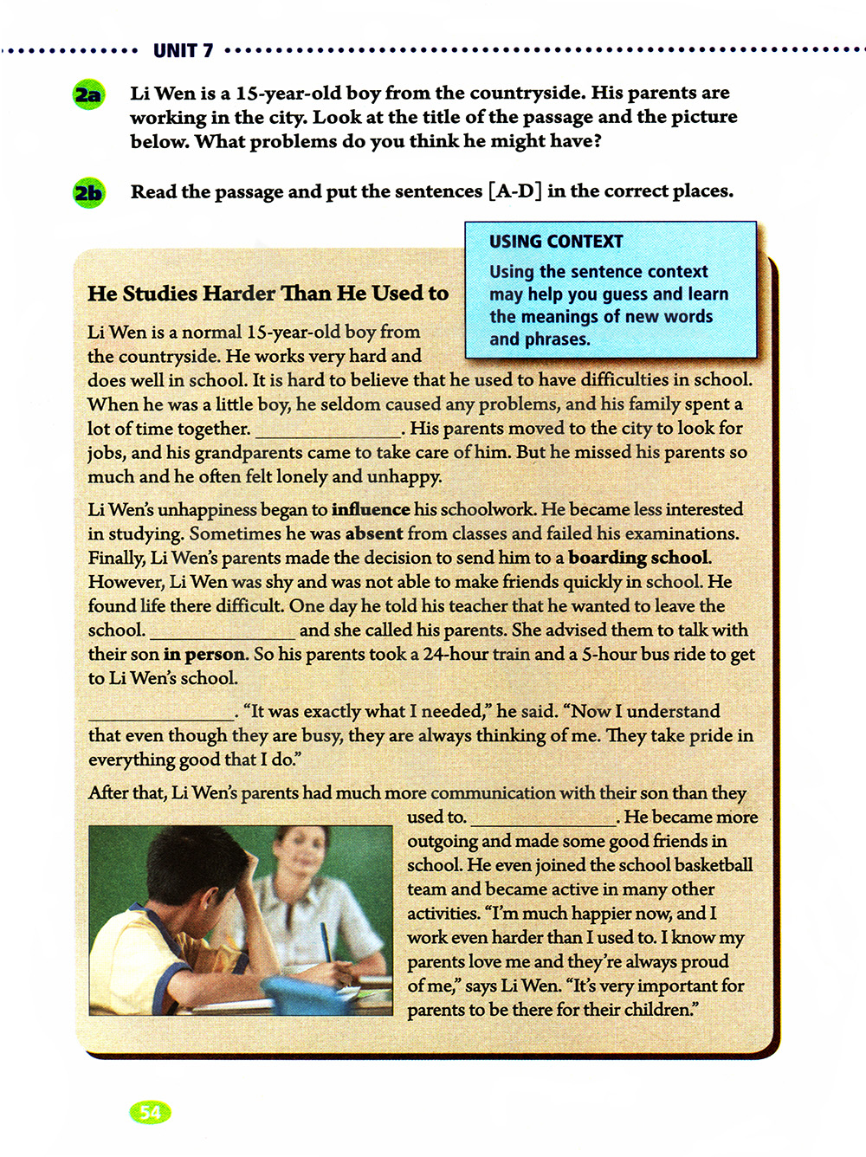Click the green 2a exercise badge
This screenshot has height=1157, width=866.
pos(88,94)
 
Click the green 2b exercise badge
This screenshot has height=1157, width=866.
pos(88,192)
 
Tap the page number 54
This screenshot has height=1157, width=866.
pos(150,1112)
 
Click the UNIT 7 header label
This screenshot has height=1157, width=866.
pos(183,51)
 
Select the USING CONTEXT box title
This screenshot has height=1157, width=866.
pos(556,242)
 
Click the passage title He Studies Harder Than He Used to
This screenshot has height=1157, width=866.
pos(268,294)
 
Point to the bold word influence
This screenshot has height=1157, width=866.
pos(371,509)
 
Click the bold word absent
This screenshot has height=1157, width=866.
pos(374,533)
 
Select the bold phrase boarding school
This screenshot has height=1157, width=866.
pos(640,558)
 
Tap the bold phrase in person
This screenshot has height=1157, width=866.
pos(205,655)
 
